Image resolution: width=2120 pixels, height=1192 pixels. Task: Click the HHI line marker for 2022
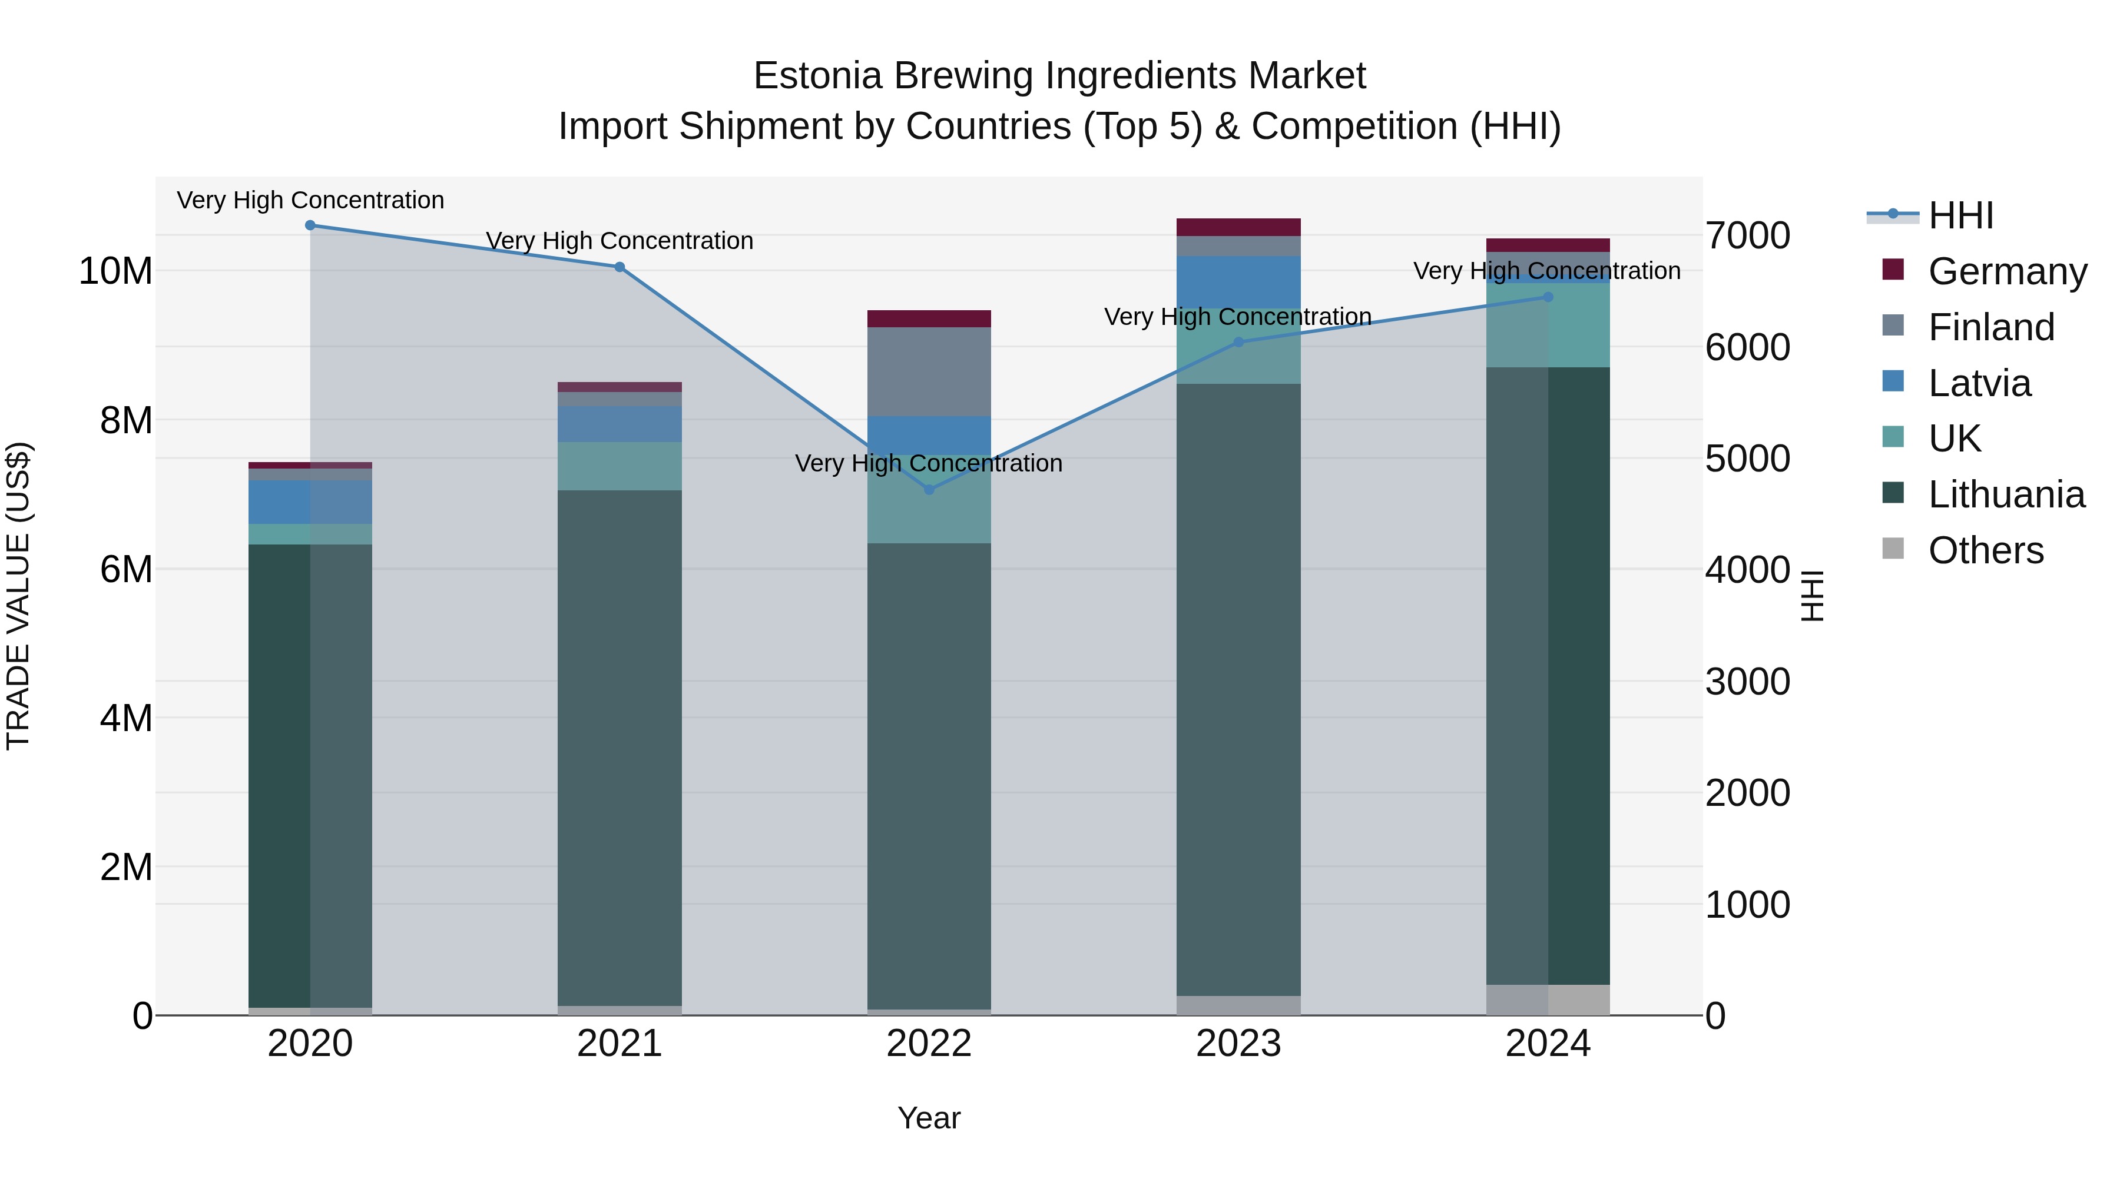929,490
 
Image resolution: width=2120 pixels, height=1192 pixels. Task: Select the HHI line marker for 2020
310,225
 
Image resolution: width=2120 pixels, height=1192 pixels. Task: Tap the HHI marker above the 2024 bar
1548,297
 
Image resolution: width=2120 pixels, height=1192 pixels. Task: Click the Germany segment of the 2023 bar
1238,227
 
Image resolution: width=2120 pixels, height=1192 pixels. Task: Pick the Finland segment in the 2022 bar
929,372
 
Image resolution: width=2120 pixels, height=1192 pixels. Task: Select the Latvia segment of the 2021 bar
620,424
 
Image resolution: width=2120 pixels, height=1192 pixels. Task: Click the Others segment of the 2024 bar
1548,1000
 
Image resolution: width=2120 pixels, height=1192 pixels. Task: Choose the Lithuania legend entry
2006,494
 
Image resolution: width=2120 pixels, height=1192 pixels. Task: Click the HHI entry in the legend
1960,215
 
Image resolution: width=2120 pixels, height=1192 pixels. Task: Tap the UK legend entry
1954,439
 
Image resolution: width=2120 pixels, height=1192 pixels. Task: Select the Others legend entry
1985,550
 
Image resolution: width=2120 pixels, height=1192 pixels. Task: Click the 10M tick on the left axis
115,271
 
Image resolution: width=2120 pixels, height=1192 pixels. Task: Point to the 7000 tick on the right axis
1747,235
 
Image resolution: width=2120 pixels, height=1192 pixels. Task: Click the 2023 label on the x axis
1238,1044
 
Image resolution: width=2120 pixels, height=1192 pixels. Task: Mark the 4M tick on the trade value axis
126,718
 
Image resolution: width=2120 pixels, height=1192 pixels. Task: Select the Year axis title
929,1118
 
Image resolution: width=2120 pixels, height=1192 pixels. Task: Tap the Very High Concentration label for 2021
620,241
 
